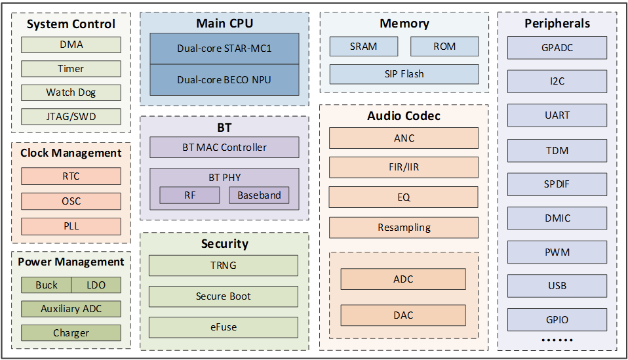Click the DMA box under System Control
tap(71, 45)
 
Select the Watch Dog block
tap(71, 92)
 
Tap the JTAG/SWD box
tap(71, 117)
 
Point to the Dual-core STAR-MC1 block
tap(224, 49)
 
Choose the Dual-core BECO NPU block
tap(224, 80)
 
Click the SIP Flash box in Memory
tap(404, 74)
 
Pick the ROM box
tap(444, 47)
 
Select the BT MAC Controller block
tap(224, 148)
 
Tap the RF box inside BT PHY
tap(190, 195)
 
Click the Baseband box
tap(259, 195)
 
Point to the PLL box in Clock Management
tap(71, 226)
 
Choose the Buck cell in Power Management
tap(47, 285)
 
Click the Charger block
tap(71, 332)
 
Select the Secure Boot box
tap(224, 296)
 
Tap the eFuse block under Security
tap(224, 327)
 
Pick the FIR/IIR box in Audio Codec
tap(404, 167)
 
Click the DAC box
tap(403, 315)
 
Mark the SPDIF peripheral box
tap(557, 184)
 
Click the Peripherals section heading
tap(557, 24)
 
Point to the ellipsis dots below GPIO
tap(557, 340)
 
